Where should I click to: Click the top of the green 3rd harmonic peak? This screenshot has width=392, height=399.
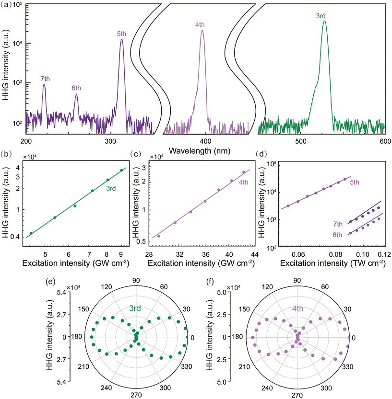324,21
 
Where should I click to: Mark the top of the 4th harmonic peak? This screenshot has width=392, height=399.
202,31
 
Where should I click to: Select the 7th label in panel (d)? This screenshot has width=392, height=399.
340,224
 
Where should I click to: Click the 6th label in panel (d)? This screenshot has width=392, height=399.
340,236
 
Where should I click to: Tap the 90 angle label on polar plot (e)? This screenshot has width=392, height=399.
137,282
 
